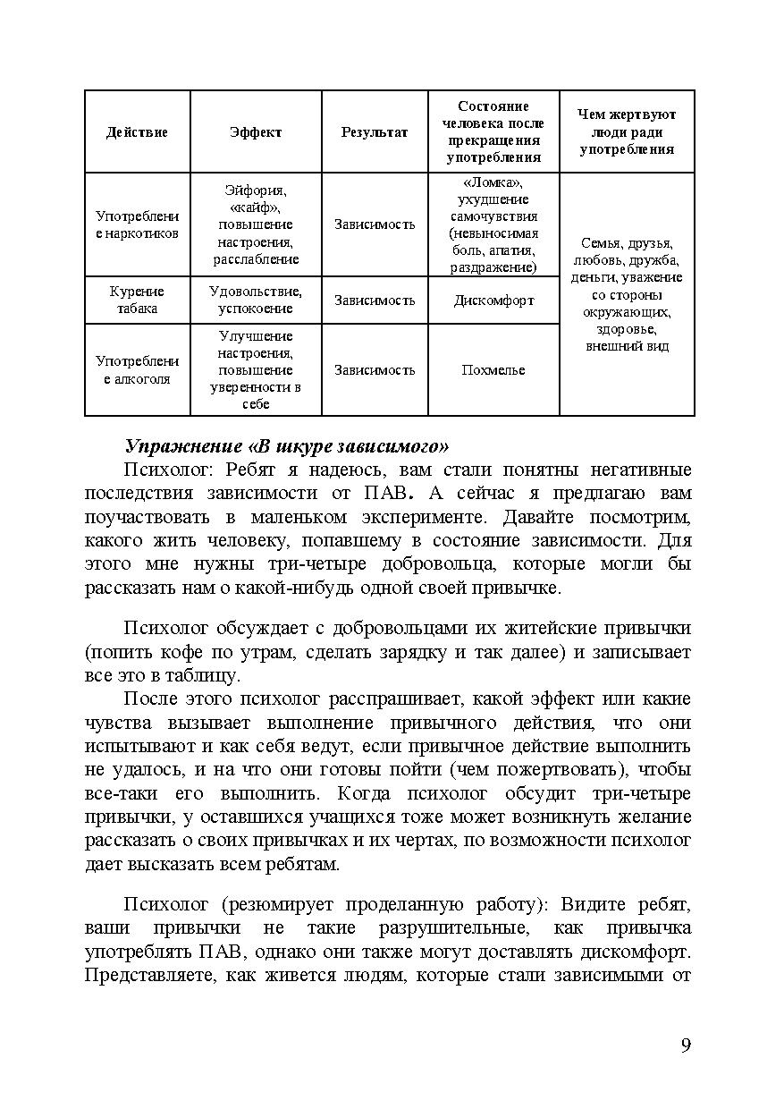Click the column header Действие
137,132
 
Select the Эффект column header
256,132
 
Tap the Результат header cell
375,132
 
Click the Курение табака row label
137,301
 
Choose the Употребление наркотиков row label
137,224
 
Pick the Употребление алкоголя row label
137,370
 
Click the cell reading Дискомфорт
493,301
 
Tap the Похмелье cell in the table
493,370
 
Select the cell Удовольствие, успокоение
256,301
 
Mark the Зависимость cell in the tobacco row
375,301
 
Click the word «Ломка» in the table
493,182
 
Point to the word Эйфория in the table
255,190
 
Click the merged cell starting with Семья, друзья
627,294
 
